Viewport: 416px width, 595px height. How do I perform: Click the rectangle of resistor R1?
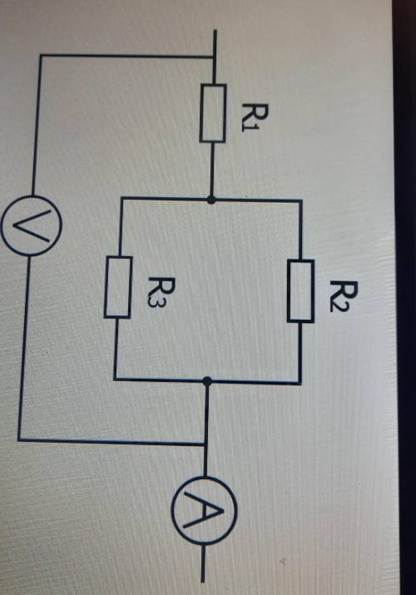tap(213, 113)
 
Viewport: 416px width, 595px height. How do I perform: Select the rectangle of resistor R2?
tap(300, 291)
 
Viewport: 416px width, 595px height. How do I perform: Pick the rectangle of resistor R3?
tap(118, 287)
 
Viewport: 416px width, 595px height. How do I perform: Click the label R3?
tap(156, 293)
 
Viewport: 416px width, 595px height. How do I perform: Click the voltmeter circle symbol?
tap(31, 226)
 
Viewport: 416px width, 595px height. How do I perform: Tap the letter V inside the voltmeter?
tap(31, 226)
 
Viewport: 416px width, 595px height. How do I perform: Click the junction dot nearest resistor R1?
tap(211, 199)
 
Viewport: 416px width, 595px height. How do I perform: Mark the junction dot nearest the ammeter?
tap(207, 381)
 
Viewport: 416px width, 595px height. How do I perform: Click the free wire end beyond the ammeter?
tap(203, 581)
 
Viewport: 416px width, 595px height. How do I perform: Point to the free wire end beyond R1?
tap(215, 30)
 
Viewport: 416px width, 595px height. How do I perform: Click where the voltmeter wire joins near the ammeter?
tap(206, 444)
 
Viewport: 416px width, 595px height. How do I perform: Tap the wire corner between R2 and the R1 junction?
tap(301, 200)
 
